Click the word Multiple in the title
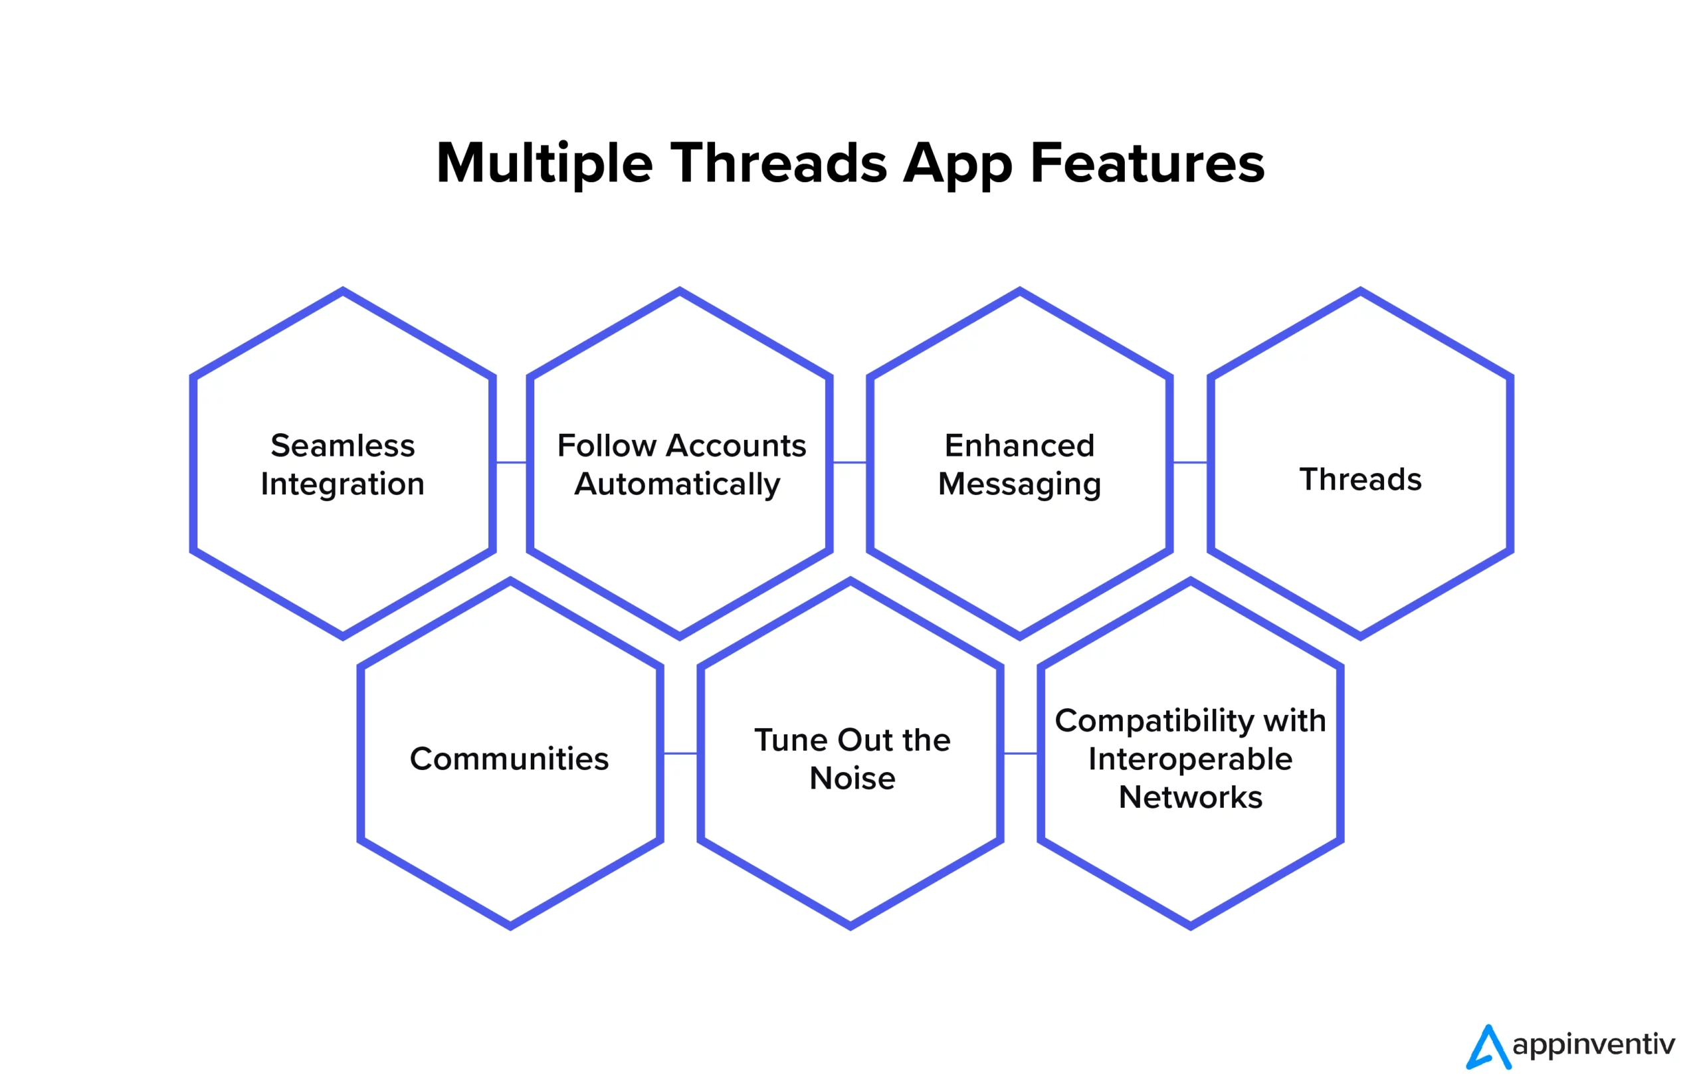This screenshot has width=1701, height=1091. pos(544,163)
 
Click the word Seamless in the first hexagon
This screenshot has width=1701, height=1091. pos(342,446)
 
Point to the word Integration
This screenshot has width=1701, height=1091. pos(342,484)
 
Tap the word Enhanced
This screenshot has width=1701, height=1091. pos(1019,446)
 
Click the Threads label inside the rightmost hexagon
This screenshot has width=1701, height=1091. pos(1359,480)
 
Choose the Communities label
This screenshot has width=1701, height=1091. pos(509,759)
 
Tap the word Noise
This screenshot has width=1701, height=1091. pos(852,779)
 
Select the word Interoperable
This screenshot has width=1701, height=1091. pos(1190,759)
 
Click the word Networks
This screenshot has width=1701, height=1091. pos(1190,798)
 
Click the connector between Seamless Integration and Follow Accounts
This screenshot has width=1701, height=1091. pos(511,462)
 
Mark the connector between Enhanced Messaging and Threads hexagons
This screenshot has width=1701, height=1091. pos(1189,462)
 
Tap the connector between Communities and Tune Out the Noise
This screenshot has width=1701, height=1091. pos(680,753)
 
